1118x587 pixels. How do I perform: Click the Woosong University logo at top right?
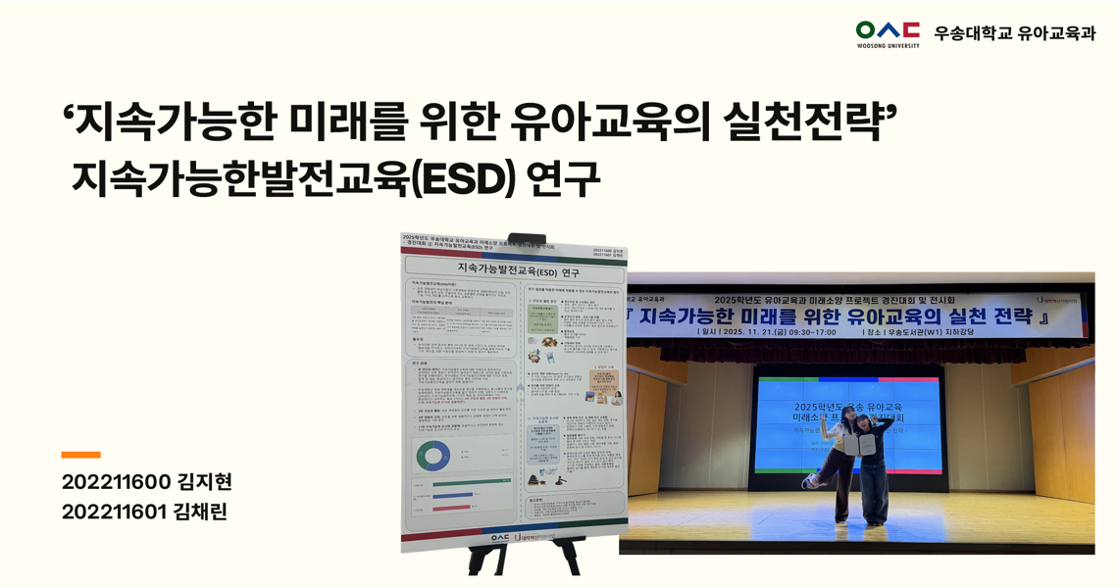[887, 33]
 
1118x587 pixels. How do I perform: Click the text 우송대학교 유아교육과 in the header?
[1014, 33]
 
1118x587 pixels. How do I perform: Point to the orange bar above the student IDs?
[80, 455]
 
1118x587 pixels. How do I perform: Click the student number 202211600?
[116, 482]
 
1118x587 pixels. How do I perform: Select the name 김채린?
[200, 512]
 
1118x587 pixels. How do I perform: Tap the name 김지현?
[204, 482]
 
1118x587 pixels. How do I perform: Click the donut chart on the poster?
[432, 456]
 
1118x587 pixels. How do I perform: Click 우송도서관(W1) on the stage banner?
[922, 332]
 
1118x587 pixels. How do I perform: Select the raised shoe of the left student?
[809, 482]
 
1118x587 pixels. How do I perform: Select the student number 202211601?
[115, 512]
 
